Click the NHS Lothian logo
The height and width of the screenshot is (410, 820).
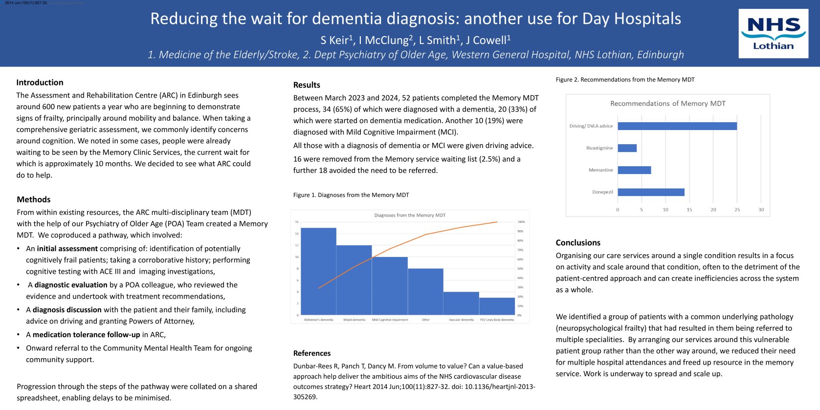(x=773, y=34)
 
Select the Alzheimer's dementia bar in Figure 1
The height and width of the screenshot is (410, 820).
(x=319, y=271)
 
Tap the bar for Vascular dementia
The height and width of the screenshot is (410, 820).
(x=461, y=303)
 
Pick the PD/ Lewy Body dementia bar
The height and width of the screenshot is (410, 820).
(x=497, y=306)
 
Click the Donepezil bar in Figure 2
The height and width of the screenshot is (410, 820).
(x=651, y=192)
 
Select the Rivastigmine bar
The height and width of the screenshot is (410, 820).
(x=627, y=148)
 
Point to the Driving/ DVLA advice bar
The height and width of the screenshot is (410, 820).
(x=677, y=126)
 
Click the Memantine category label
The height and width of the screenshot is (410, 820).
(x=600, y=170)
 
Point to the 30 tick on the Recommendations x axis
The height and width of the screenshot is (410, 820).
(x=761, y=210)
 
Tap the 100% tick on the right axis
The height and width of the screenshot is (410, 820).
(x=521, y=222)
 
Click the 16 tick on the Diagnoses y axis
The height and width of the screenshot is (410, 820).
(x=296, y=222)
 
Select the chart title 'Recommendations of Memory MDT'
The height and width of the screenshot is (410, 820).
(x=667, y=104)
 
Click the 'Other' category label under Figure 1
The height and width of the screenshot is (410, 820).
(x=425, y=320)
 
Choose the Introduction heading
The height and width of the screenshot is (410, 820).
(x=40, y=83)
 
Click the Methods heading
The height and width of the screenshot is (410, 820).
(x=33, y=199)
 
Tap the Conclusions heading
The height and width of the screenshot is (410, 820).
(x=577, y=243)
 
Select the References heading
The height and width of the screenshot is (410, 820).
(x=311, y=353)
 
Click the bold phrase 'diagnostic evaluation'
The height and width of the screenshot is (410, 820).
(x=70, y=285)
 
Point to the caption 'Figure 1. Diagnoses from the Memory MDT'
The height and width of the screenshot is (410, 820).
(x=351, y=195)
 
